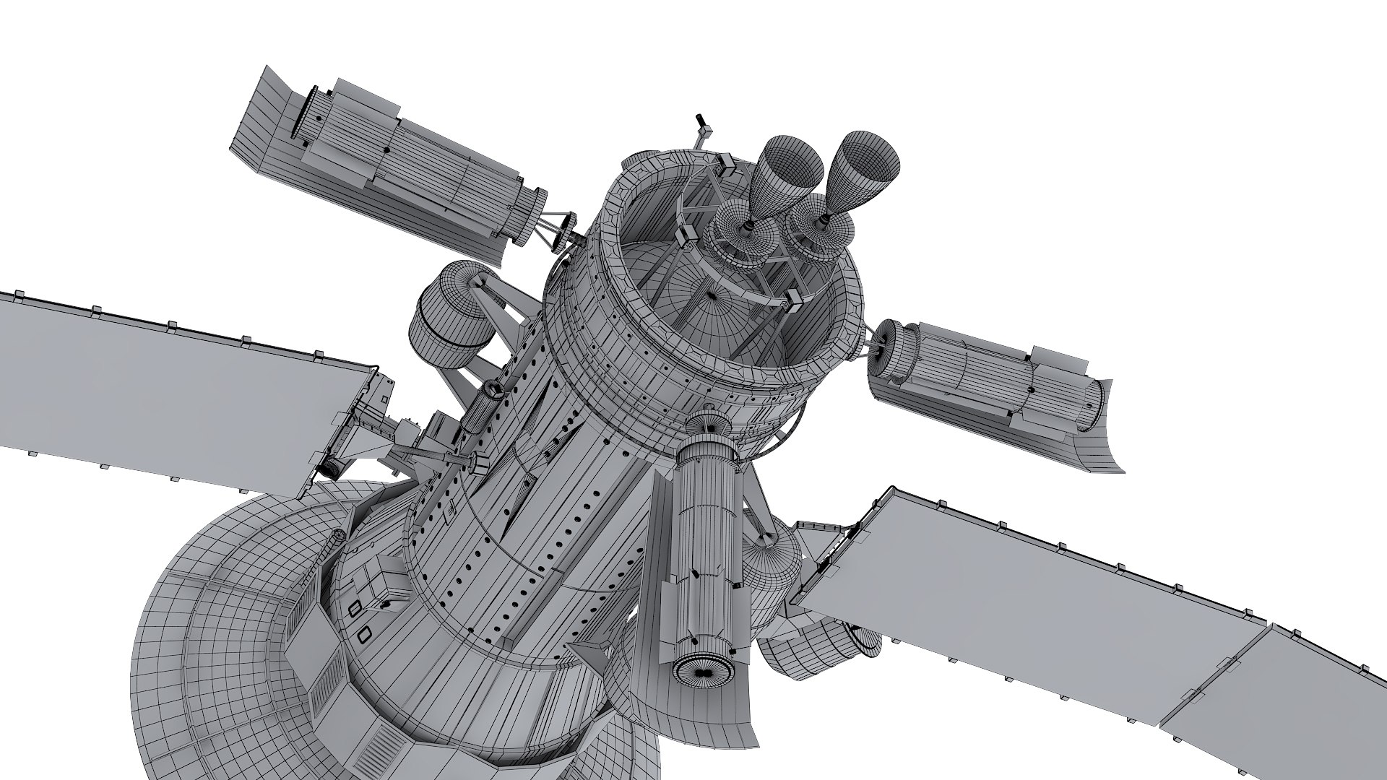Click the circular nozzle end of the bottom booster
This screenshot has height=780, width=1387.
point(701,670)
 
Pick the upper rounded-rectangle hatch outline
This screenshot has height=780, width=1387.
point(355,609)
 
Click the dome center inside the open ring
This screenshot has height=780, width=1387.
point(712,295)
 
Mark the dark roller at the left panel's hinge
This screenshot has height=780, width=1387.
point(331,469)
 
